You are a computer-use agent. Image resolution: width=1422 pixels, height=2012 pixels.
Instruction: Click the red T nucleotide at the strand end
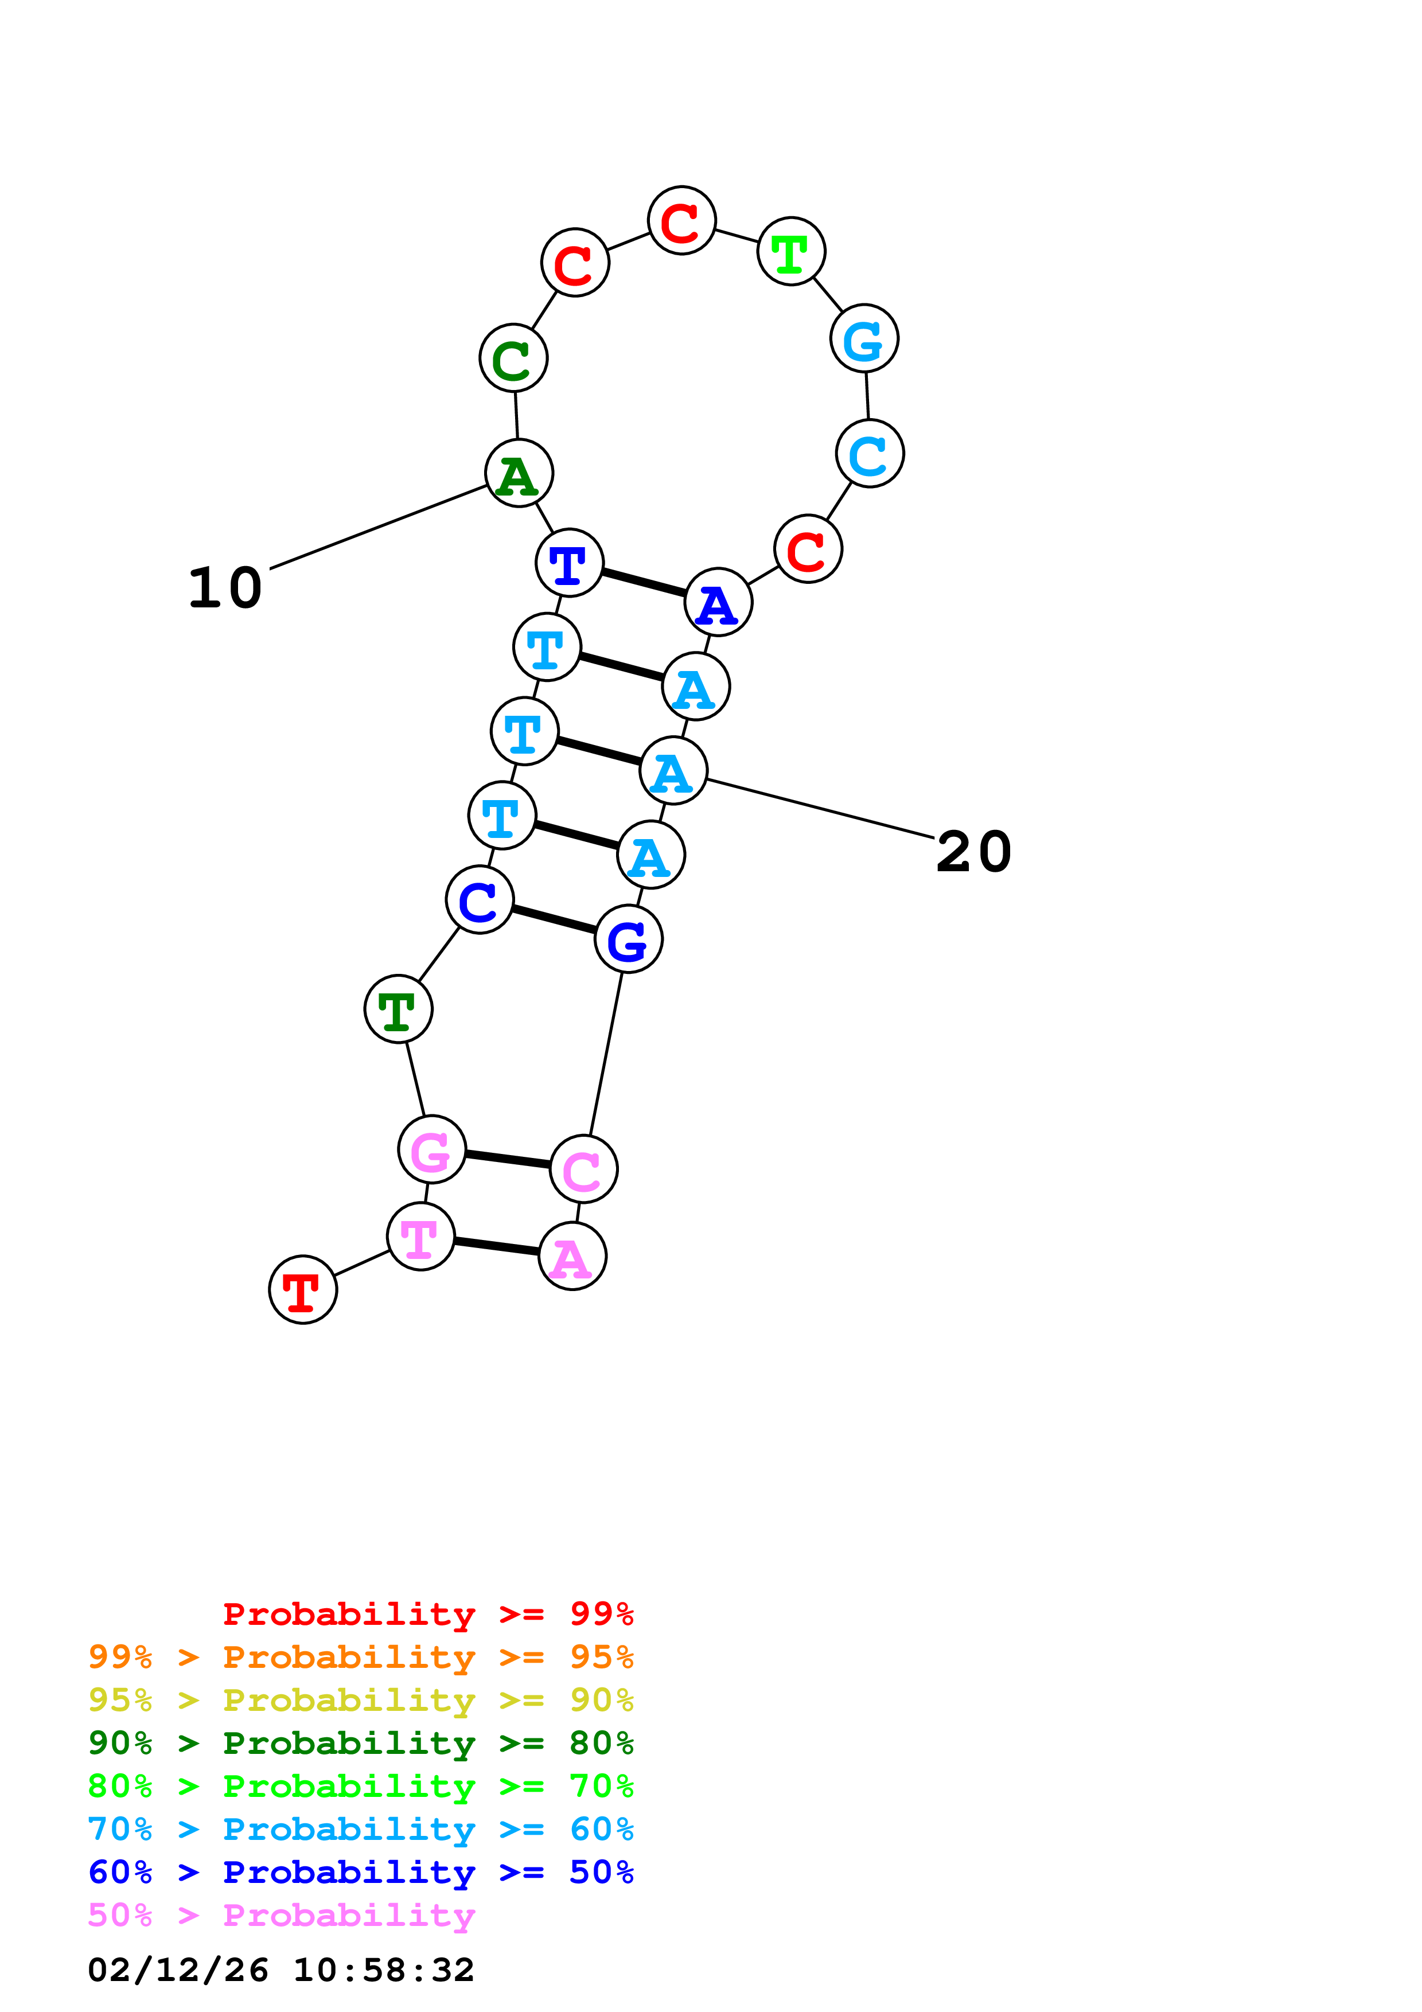pyautogui.click(x=302, y=1290)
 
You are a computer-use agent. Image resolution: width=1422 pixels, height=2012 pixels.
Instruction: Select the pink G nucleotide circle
pyautogui.click(x=431, y=1150)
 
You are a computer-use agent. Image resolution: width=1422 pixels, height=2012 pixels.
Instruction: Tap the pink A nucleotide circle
pyautogui.click(x=572, y=1257)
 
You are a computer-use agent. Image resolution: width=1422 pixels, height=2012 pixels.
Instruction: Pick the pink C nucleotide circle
pyautogui.click(x=583, y=1169)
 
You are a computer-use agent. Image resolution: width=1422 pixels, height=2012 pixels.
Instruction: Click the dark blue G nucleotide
pyautogui.click(x=628, y=939)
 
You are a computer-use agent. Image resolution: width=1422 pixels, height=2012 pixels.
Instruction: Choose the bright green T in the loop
pyautogui.click(x=791, y=251)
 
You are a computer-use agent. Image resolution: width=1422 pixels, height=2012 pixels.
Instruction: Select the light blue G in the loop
pyautogui.click(x=864, y=339)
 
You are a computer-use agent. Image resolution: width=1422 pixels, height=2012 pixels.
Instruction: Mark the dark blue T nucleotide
pyautogui.click(x=570, y=563)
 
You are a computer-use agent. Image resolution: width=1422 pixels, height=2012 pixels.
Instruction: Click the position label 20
pyautogui.click(x=973, y=852)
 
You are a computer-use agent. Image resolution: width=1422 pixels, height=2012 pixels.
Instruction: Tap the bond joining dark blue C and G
pyautogui.click(x=554, y=919)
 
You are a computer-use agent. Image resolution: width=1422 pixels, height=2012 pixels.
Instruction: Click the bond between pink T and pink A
pyautogui.click(x=497, y=1246)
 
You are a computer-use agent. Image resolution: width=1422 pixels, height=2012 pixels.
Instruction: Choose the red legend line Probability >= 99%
pyautogui.click(x=427, y=1614)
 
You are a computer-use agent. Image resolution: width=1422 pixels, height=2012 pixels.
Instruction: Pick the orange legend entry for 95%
pyautogui.click(x=360, y=1657)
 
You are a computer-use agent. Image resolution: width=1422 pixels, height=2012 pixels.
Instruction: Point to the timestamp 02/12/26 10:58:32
pyautogui.click(x=280, y=1970)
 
